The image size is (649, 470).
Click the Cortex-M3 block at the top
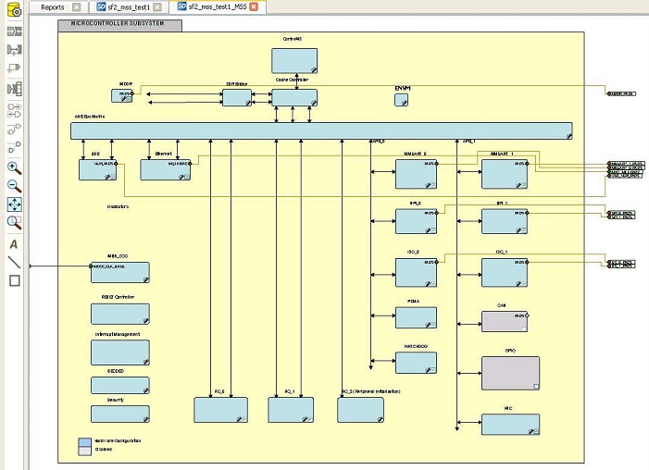pyautogui.click(x=293, y=61)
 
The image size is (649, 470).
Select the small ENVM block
pyautogui.click(x=401, y=100)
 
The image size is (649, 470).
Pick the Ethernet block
pyautogui.click(x=165, y=169)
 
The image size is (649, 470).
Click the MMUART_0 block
pyautogui.click(x=416, y=174)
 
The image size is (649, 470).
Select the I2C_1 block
pyautogui.click(x=505, y=272)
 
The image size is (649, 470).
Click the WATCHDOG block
pyautogui.click(x=416, y=363)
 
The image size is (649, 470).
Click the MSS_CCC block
pyautogui.click(x=119, y=272)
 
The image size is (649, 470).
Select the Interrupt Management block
pyautogui.click(x=119, y=352)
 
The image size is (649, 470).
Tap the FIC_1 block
pyautogui.click(x=291, y=409)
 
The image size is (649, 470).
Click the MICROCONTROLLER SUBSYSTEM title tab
pyautogui.click(x=119, y=24)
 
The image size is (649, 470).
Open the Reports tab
pyautogui.click(x=54, y=6)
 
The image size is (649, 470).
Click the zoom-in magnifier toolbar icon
pyautogui.click(x=14, y=167)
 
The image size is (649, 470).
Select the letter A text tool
pyautogui.click(x=14, y=244)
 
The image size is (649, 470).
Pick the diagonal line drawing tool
pyautogui.click(x=14, y=263)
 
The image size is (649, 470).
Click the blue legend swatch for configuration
pyautogui.click(x=84, y=441)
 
